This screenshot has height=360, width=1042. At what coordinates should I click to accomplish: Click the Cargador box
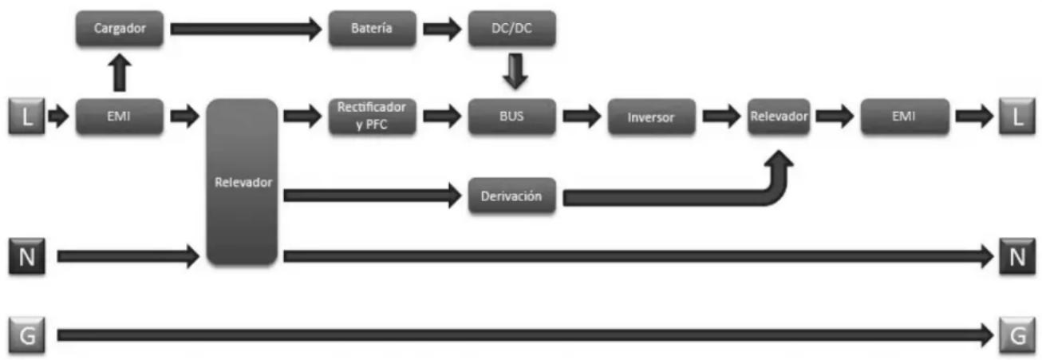pos(120,29)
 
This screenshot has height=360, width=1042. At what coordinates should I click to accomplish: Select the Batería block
pos(372,29)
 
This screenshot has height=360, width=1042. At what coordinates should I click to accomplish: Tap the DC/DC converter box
pos(511,29)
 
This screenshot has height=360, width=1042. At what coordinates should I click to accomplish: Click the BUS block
pos(511,117)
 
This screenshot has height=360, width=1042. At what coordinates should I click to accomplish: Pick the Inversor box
pos(651,117)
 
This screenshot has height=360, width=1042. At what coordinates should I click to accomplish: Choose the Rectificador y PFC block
pos(372,117)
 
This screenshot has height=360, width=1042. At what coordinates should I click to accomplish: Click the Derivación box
pos(511,196)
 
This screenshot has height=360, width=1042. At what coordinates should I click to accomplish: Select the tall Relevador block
pos(243,182)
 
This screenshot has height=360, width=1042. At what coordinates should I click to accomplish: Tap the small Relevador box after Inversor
pos(779,117)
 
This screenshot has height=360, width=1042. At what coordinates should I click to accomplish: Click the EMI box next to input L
pos(120,117)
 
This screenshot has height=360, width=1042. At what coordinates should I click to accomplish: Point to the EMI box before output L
pos(905,117)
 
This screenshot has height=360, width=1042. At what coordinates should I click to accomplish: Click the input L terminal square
pos(27,117)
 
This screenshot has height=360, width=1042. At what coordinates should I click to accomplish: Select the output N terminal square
pos(1017,256)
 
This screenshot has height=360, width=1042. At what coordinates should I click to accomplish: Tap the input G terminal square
pos(27,335)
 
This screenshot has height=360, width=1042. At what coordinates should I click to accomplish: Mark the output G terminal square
pos(1017,335)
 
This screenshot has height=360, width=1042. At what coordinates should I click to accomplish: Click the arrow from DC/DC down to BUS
pos(515,71)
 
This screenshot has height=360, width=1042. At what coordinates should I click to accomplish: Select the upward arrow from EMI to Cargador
pos(120,73)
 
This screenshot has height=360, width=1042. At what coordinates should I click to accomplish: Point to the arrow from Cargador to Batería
pos(246,29)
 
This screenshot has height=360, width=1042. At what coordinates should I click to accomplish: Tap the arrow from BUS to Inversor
pos(582,117)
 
